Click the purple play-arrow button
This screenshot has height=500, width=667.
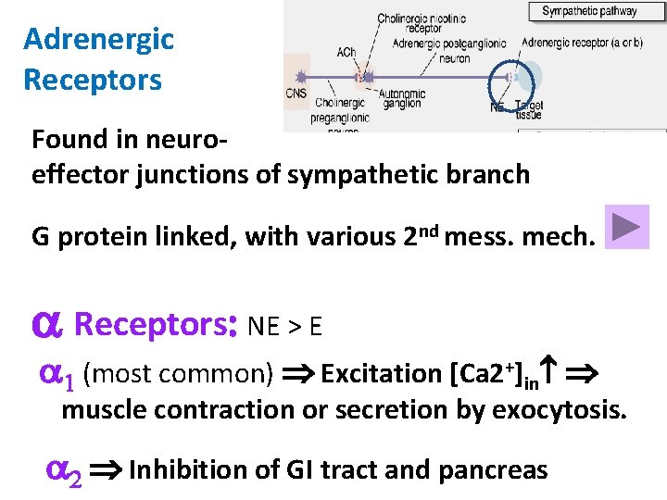click(627, 227)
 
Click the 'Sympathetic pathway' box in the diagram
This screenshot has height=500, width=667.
click(589, 12)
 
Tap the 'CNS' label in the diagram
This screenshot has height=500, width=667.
click(297, 93)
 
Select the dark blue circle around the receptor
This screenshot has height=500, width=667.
click(509, 76)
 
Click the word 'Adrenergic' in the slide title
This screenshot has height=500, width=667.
click(98, 40)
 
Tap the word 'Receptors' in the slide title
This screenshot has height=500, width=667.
click(93, 80)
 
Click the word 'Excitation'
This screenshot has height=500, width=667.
click(381, 374)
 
